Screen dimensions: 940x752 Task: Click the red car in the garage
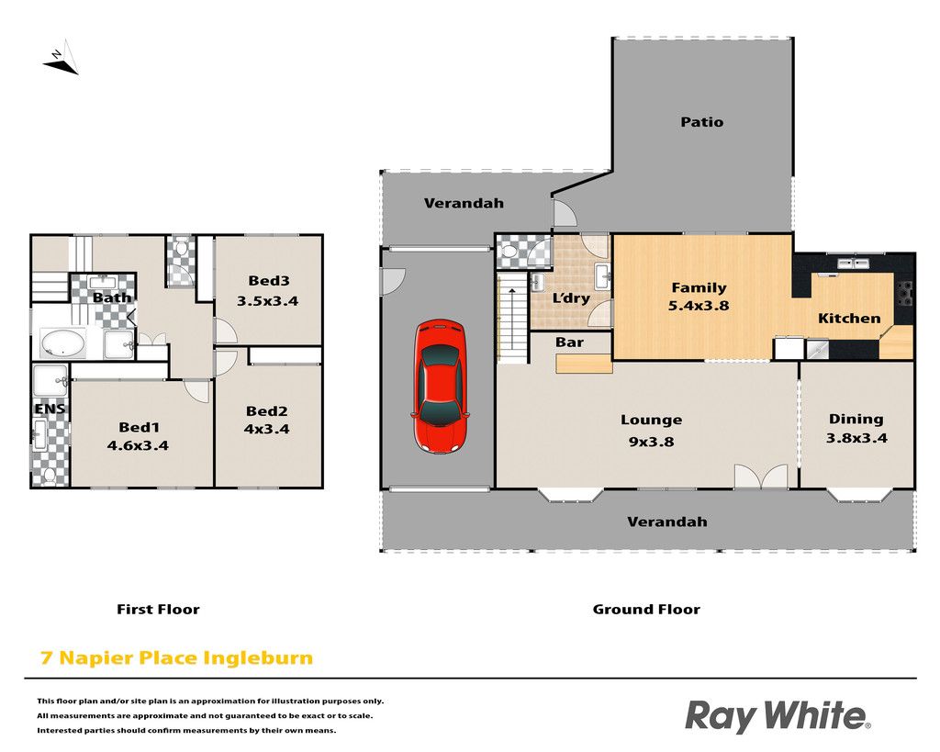[440, 386]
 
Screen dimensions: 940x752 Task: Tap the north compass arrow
[62, 59]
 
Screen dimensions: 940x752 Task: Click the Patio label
[702, 122]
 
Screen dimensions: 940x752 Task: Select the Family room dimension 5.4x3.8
[699, 305]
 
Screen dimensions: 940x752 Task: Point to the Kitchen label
[849, 319]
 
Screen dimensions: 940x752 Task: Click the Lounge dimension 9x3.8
[651, 442]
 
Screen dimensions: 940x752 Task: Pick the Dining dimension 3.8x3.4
[856, 438]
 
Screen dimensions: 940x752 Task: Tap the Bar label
[569, 342]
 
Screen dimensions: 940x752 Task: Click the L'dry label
[571, 298]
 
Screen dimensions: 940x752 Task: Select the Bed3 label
[269, 281]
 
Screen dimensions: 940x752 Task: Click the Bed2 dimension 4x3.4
[267, 429]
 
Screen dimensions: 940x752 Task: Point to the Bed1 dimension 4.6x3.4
[138, 445]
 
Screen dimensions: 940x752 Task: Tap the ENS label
[50, 409]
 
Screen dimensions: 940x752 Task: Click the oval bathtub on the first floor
[62, 343]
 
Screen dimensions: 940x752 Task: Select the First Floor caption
[158, 610]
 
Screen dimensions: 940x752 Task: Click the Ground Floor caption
[646, 610]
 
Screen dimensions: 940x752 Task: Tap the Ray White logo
[778, 716]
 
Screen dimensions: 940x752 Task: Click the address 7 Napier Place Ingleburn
[176, 657]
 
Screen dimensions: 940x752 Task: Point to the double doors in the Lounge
[761, 476]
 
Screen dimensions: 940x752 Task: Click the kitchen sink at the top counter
[855, 263]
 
